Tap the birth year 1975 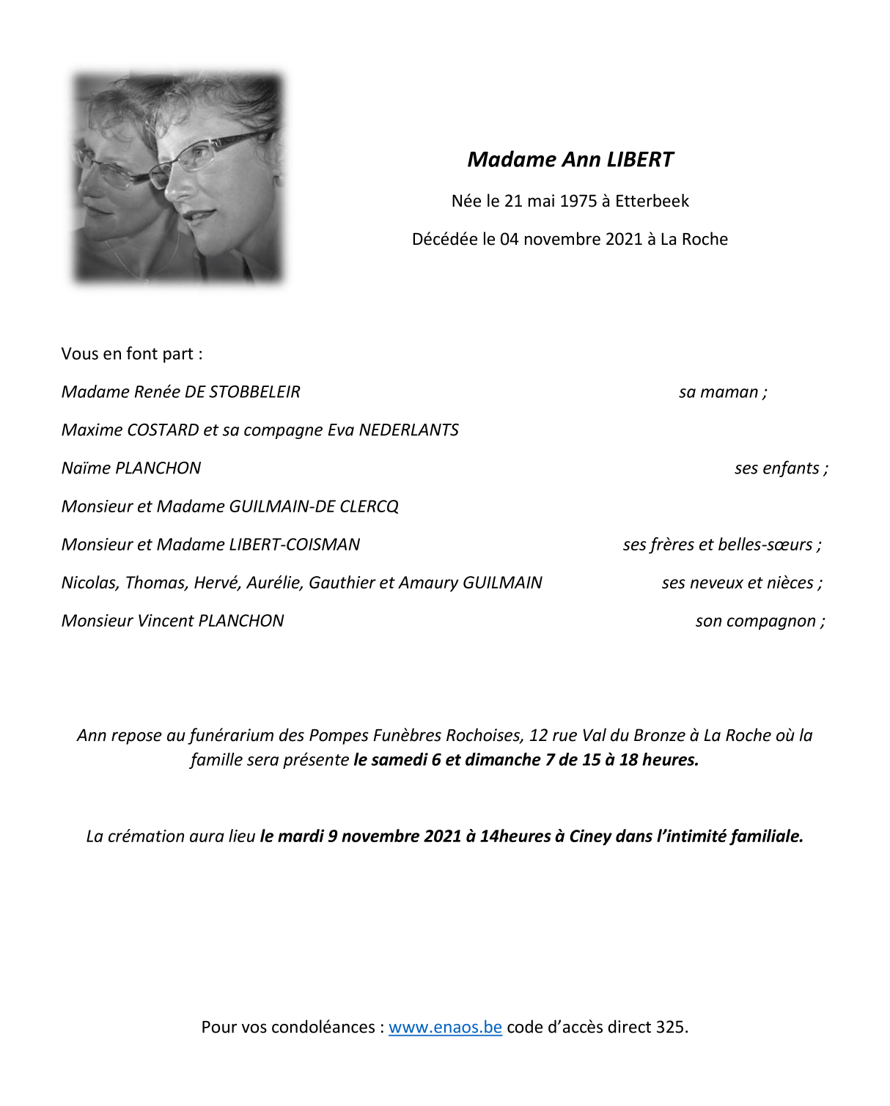click(x=578, y=201)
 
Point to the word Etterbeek click(x=652, y=201)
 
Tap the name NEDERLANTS click(x=408, y=430)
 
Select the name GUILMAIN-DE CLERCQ click(x=314, y=506)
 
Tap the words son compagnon click(x=755, y=621)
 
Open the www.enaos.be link click(x=445, y=1027)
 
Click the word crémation click(x=145, y=836)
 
